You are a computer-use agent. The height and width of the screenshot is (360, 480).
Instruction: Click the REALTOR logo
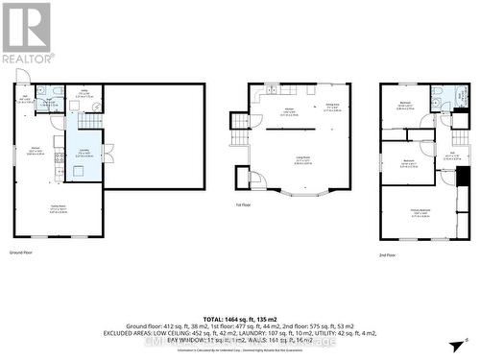click(25, 33)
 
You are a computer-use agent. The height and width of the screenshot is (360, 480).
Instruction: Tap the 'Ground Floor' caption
click(23, 252)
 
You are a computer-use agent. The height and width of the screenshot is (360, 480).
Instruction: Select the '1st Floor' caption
click(243, 204)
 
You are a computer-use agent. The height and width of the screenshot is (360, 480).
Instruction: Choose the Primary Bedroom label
click(420, 215)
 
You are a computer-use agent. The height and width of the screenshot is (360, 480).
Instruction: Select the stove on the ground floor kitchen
click(60, 172)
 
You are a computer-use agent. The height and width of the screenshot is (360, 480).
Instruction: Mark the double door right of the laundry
click(108, 152)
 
